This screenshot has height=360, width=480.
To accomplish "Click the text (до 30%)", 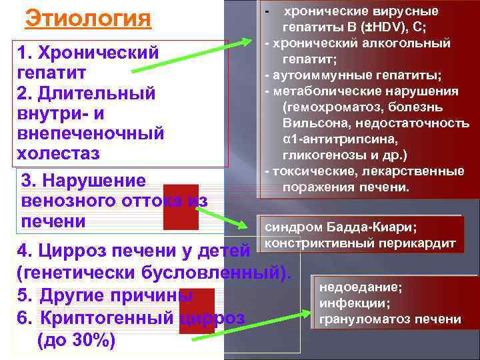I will (77, 341).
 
